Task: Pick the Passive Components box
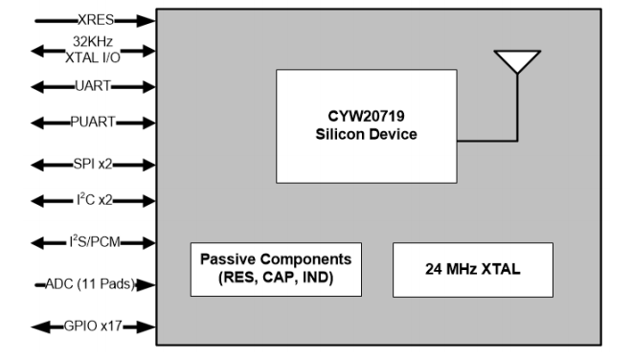pos(274,268)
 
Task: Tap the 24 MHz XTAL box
pos(472,269)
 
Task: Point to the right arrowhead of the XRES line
pos(147,19)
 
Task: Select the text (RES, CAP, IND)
pos(274,277)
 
